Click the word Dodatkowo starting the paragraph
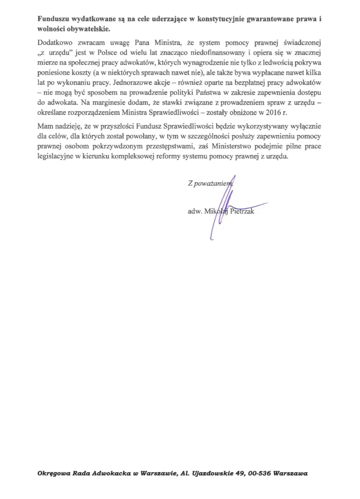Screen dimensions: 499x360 tap(55, 43)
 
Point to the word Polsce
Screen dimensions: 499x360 tap(108, 53)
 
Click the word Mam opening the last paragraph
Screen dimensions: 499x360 tap(44, 126)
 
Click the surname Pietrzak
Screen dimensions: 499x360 tap(242, 211)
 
